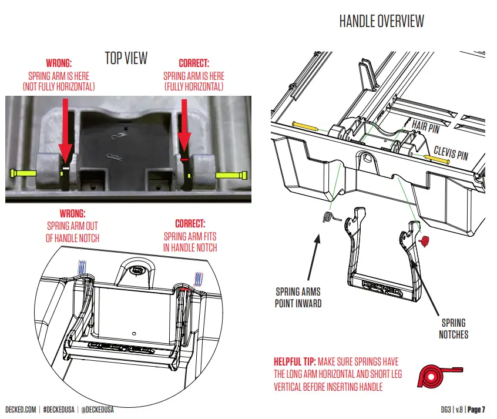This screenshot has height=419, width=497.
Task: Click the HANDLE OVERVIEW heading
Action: click(x=381, y=22)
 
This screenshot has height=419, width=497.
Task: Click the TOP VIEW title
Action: click(x=126, y=58)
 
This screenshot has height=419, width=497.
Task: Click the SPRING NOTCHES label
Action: click(x=453, y=328)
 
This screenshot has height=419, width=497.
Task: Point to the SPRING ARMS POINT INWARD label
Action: click(x=298, y=297)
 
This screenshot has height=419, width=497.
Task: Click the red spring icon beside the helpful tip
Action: click(x=439, y=373)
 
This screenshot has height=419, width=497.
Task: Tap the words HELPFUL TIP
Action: click(x=294, y=361)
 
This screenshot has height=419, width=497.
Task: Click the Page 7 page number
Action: click(x=476, y=409)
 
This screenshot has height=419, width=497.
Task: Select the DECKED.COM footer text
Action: click(x=21, y=409)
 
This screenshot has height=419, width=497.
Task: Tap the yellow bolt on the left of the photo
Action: click(x=22, y=173)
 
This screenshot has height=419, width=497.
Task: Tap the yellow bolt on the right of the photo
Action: click(x=231, y=175)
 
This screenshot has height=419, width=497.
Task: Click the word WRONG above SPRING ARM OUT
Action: click(x=72, y=214)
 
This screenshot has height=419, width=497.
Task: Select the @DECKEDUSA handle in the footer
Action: click(x=95, y=409)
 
